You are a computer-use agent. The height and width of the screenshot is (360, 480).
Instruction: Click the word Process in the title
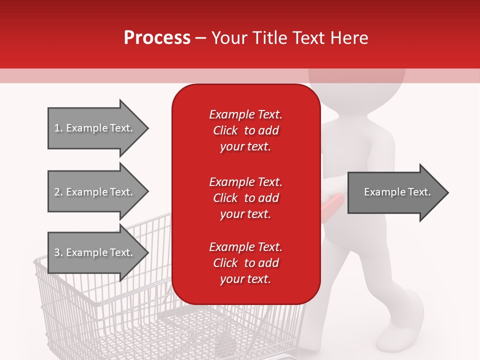(157, 38)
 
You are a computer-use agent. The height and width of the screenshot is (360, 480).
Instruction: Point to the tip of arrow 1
(147, 128)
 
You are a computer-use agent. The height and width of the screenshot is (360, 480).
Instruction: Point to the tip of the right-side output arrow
(448, 192)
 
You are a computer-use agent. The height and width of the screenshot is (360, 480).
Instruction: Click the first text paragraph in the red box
(245, 130)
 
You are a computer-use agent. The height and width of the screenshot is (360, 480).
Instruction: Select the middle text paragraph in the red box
(245, 198)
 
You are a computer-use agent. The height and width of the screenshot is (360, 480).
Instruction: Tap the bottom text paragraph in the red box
(245, 263)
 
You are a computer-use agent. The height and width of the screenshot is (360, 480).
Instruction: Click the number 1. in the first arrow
(58, 128)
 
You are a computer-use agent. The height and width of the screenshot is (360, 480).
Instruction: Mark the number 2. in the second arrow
(58, 192)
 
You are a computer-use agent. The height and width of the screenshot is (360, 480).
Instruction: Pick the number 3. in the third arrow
(58, 252)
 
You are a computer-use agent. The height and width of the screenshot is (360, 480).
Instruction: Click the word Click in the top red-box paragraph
(225, 130)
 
